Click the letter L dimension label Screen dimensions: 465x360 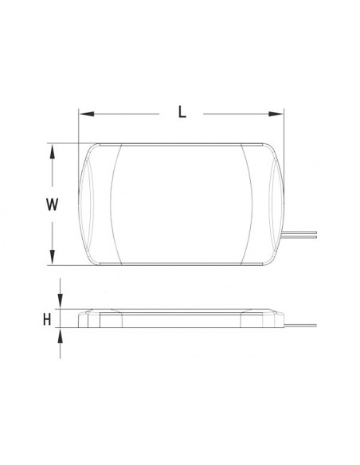[x=182, y=112]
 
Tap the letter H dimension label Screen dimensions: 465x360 [x=48, y=319]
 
